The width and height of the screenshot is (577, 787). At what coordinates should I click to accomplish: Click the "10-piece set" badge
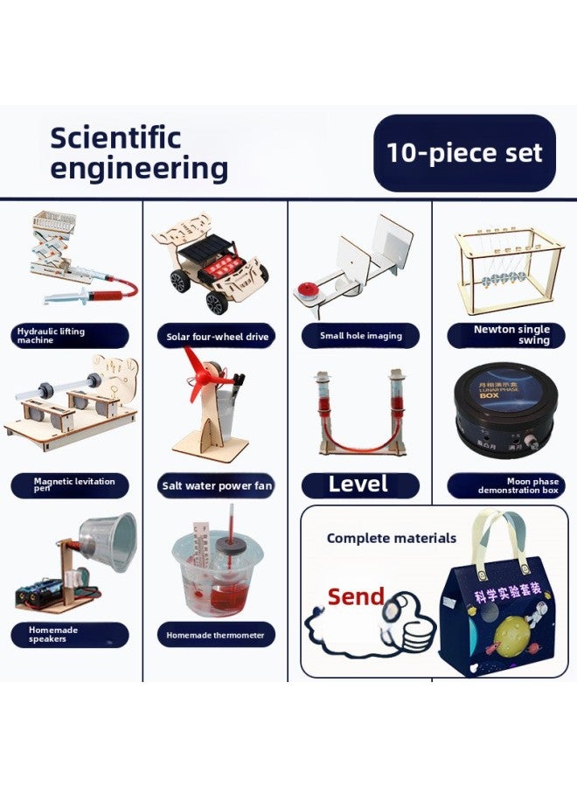(x=464, y=153)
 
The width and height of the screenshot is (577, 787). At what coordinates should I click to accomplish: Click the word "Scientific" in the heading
(x=115, y=137)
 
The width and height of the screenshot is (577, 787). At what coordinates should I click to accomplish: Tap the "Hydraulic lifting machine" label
(x=70, y=336)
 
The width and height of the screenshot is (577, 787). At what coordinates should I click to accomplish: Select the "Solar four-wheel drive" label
(x=217, y=337)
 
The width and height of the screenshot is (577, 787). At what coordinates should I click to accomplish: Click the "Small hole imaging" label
(x=360, y=336)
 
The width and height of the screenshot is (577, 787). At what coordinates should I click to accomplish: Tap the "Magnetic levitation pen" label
(x=70, y=485)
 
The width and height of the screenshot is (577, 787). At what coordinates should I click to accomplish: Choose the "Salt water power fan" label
(x=217, y=485)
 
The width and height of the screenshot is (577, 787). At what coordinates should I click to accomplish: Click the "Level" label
(x=359, y=484)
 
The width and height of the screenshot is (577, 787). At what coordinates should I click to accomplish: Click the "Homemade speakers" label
(x=70, y=635)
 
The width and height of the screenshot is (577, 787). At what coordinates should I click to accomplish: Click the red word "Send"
(x=356, y=597)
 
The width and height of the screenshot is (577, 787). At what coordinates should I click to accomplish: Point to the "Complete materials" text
(x=392, y=539)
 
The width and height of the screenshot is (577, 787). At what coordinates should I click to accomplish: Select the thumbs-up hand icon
(x=409, y=621)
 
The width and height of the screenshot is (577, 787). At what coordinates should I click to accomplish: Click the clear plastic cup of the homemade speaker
(x=110, y=542)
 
